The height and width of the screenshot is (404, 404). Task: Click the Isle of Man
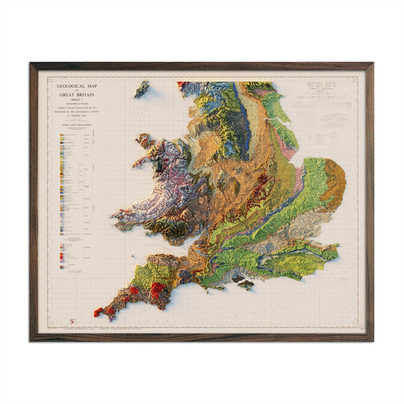click(x=142, y=89)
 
